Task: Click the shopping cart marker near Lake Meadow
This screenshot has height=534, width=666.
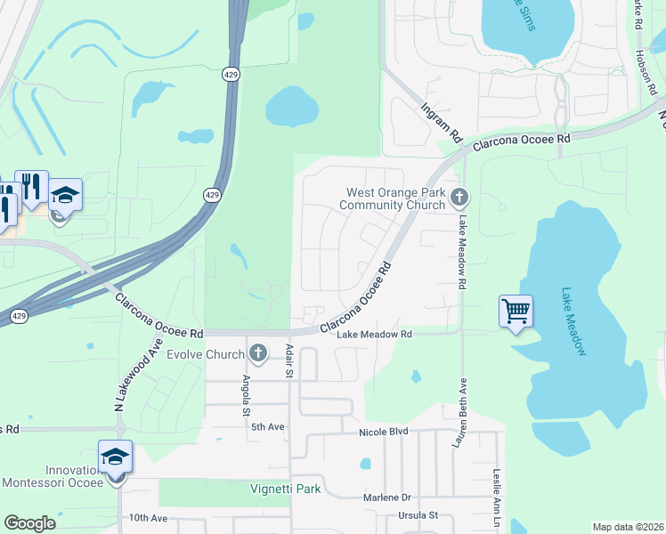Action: (516, 311)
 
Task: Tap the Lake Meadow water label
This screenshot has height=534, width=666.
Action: (574, 321)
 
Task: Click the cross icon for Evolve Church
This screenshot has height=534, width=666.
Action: (259, 354)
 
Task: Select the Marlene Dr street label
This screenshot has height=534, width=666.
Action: (386, 498)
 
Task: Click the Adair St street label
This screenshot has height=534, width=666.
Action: (288, 362)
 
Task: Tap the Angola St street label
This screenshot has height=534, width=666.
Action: (247, 395)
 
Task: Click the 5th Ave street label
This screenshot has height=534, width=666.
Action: (266, 427)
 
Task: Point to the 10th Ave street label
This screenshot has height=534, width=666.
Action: (148, 517)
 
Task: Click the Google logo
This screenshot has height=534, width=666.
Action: (29, 523)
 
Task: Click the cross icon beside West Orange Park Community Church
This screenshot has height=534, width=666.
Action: (459, 197)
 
